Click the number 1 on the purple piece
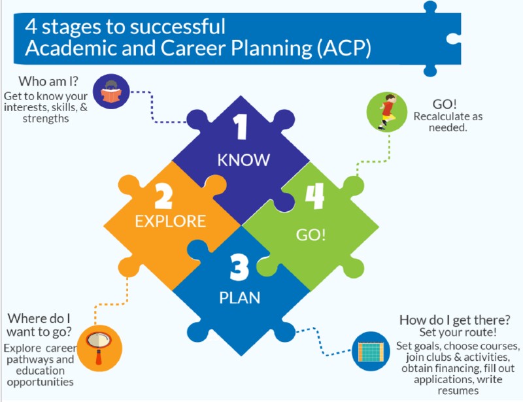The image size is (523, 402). pyautogui.click(x=241, y=127)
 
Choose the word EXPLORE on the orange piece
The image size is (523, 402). pyautogui.click(x=170, y=221)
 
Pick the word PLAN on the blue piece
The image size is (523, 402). pyautogui.click(x=239, y=297)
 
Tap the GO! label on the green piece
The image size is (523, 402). pyautogui.click(x=314, y=233)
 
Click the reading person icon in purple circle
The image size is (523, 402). pyautogui.click(x=109, y=92)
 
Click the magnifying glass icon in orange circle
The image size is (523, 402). pyautogui.click(x=93, y=342)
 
